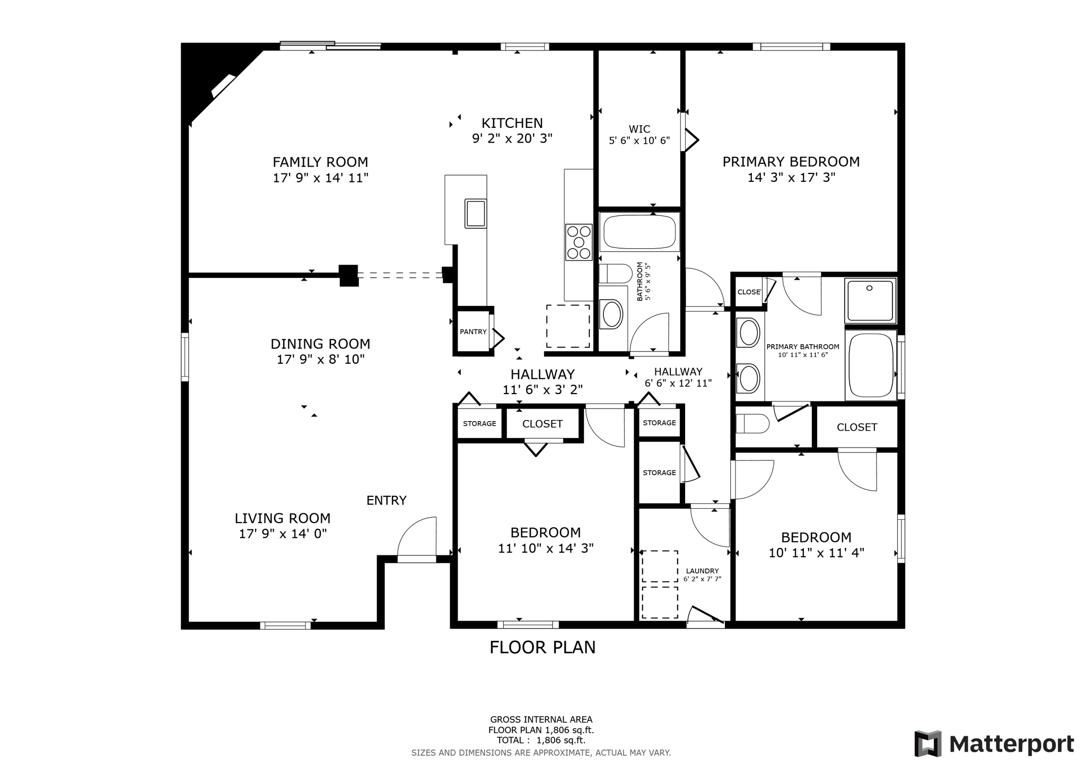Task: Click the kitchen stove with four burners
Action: point(579,242)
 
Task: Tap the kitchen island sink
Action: point(476,213)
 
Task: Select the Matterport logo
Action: point(994,744)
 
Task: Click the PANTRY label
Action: point(473,332)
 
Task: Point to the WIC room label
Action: point(640,129)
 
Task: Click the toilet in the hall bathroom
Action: point(615,274)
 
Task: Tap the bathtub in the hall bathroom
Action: point(640,232)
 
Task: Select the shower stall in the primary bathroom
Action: point(870,300)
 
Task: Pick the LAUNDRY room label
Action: point(702,571)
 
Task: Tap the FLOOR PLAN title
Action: point(542,648)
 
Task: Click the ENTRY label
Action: point(387,500)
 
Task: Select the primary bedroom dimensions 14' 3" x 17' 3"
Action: point(791,177)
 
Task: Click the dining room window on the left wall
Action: point(185,356)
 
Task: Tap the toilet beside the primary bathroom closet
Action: point(752,424)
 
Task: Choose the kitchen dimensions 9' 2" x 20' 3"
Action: point(512,138)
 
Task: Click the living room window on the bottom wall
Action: point(285,625)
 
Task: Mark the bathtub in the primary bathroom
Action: point(870,364)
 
